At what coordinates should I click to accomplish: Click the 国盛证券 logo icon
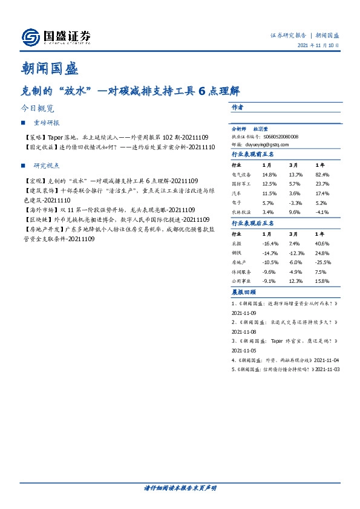click(x=30, y=37)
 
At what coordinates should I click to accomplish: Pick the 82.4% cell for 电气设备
click(x=322, y=175)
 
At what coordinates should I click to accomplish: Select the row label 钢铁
click(x=237, y=252)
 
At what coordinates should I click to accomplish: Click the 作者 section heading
click(x=237, y=107)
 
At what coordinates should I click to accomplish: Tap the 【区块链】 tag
click(x=36, y=219)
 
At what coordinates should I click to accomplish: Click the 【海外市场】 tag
click(x=38, y=209)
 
